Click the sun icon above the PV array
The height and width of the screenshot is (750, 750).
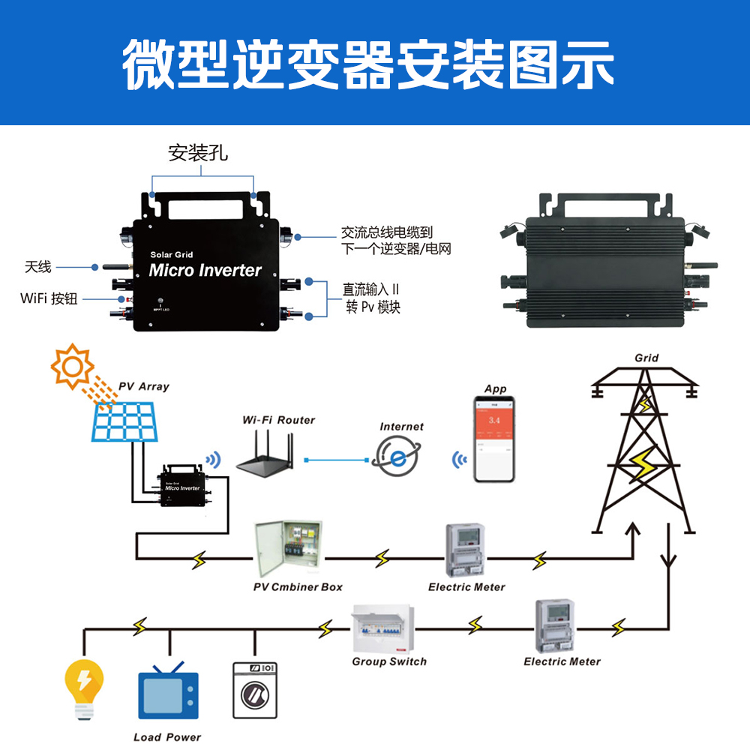tap(72, 366)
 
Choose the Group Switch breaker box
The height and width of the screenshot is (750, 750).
tap(382, 629)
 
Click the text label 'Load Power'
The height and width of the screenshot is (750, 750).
tap(167, 736)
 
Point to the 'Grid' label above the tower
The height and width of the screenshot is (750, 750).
tap(646, 358)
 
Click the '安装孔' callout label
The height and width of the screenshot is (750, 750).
tap(197, 154)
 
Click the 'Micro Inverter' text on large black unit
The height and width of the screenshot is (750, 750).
tap(205, 270)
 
